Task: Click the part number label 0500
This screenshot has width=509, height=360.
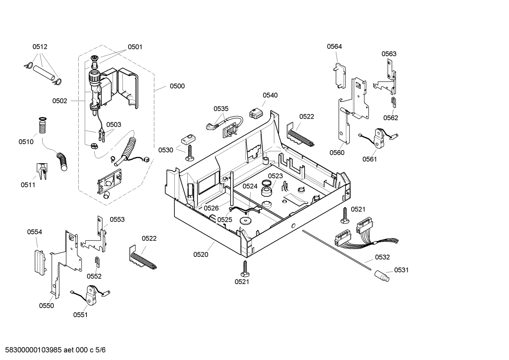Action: pyautogui.click(x=177, y=86)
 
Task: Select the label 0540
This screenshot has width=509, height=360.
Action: pyautogui.click(x=270, y=95)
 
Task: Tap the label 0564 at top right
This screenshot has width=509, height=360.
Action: pyautogui.click(x=334, y=46)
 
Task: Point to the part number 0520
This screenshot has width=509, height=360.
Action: pyautogui.click(x=200, y=254)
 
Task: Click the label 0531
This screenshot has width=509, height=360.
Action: pyautogui.click(x=401, y=270)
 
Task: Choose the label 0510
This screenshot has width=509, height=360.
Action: pyautogui.click(x=26, y=142)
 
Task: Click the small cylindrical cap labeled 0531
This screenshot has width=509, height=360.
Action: pyautogui.click(x=382, y=275)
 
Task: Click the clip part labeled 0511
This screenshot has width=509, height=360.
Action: pyautogui.click(x=42, y=171)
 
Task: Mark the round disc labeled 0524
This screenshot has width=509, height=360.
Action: pyautogui.click(x=244, y=221)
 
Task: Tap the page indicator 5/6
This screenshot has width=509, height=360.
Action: pyautogui.click(x=100, y=350)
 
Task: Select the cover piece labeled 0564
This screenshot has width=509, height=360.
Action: pyautogui.click(x=339, y=75)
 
